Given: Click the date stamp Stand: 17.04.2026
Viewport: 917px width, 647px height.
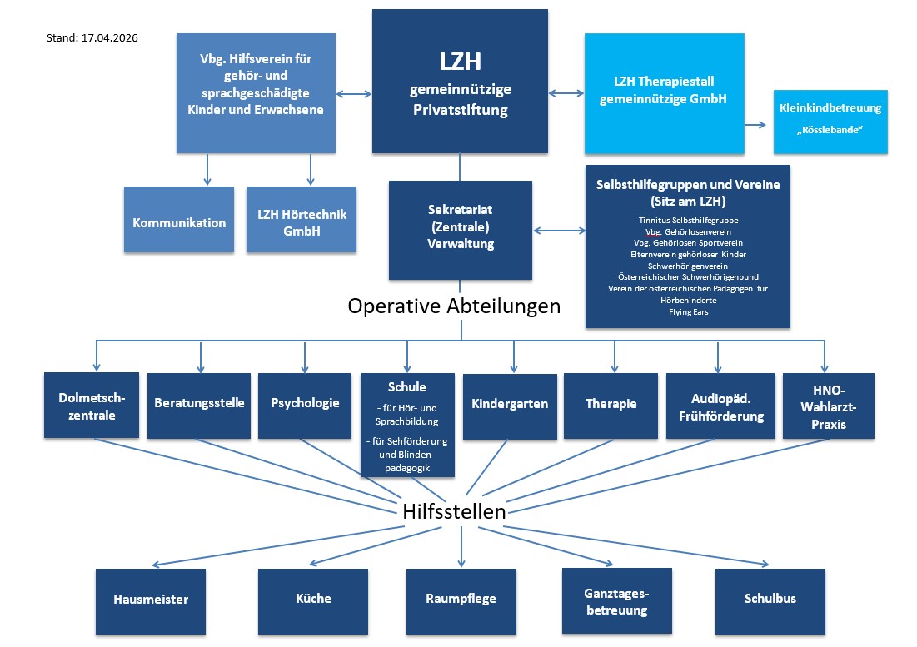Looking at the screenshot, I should pos(92,38).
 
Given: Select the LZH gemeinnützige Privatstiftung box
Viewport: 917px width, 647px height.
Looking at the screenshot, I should pos(460,81).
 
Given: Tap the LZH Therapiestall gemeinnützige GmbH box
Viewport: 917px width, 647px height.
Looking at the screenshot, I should pos(664,93).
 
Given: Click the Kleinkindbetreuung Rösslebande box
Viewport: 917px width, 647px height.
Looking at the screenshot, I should pos(830,122).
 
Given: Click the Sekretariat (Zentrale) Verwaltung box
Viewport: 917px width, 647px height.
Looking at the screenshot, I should pos(460,230).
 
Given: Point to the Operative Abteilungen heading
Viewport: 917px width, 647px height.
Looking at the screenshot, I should pos(454,306).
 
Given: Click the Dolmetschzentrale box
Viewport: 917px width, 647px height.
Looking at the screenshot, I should pos(92,405).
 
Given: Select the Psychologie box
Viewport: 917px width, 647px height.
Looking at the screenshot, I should pos(305,403).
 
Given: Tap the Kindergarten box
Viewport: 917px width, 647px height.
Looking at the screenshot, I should pos(510,405).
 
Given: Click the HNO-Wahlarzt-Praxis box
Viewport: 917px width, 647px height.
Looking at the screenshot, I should pos(828,405).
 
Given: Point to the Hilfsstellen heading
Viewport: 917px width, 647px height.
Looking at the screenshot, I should pos(454,511).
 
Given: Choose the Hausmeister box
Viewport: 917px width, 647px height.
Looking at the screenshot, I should pos(151,599).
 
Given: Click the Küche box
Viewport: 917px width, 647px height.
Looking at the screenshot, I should pos(312,598).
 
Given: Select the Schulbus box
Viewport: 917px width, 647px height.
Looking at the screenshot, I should pos(770,598).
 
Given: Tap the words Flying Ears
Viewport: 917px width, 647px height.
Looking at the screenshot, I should pos(687,312).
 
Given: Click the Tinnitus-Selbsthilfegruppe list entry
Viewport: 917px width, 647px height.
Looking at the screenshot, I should pos(687,219).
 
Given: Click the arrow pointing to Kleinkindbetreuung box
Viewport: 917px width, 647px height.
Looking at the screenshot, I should pos(755,125).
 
